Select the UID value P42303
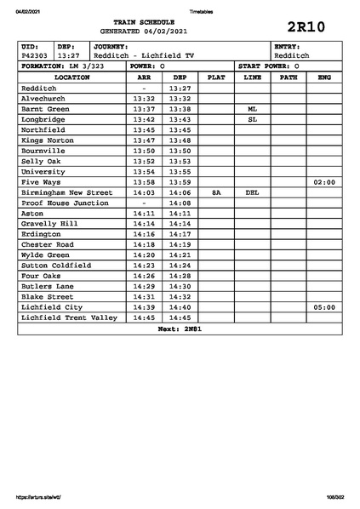[35, 55]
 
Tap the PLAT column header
[216, 77]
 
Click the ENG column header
[323, 77]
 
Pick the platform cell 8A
[216, 192]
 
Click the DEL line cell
[252, 192]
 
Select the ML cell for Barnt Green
[252, 109]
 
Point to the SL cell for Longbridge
[252, 119]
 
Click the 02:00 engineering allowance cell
[324, 182]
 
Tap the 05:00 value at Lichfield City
[324, 307]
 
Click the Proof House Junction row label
[65, 203]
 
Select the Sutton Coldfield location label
[56, 266]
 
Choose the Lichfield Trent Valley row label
[69, 317]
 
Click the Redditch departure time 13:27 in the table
[180, 88]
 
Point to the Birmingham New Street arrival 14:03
[144, 192]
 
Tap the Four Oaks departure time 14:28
[180, 276]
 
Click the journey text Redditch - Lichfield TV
[144, 55]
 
